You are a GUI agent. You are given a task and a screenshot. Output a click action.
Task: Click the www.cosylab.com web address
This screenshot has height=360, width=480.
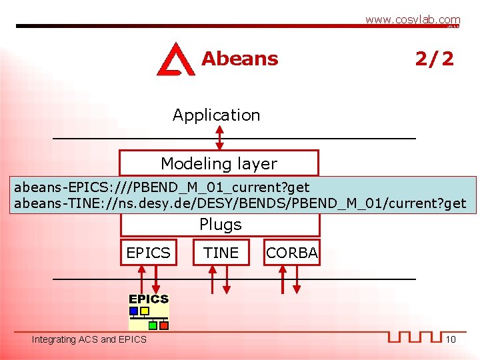pos(412,20)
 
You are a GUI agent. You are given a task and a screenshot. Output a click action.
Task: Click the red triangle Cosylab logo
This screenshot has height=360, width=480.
pos(175,59)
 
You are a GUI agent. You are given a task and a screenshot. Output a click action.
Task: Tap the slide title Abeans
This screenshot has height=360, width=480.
pos(239,59)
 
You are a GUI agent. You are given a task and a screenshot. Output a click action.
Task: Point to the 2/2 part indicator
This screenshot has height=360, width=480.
pos(434,59)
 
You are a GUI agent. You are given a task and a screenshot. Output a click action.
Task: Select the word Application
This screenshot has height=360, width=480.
pos(216,115)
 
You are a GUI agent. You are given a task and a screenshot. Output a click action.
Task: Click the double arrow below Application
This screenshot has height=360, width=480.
pos(220,137)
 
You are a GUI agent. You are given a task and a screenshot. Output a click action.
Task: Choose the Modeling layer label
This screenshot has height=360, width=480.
pos(219,163)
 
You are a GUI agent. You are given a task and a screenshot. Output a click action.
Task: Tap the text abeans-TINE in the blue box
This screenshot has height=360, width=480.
pos(54,203)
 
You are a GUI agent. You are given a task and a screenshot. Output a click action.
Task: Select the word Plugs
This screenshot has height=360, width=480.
pos(220,225)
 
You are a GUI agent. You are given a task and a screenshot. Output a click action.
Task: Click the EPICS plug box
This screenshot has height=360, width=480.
pos(149,253)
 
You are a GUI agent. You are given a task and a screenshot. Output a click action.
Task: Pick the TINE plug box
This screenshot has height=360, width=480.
pos(221,253)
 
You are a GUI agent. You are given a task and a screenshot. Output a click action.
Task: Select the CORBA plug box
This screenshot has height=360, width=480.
pos(291,253)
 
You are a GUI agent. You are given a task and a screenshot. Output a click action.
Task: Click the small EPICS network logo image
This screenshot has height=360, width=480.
pos(149,312)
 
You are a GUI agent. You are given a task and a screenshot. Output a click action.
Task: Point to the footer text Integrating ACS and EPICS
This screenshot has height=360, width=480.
pos(89,340)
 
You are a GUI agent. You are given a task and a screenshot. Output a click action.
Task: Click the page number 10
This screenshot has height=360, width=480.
pos(451,340)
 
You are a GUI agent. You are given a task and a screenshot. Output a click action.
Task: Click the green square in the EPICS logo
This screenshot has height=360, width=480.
pos(153,325)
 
